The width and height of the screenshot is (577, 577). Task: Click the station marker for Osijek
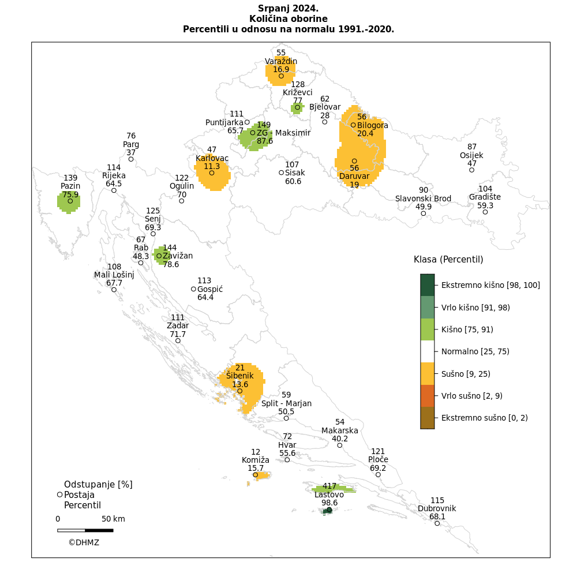472,170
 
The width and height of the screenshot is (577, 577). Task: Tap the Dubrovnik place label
437,508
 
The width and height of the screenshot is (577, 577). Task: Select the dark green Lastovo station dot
329,509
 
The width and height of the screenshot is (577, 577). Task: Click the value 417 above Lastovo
329,486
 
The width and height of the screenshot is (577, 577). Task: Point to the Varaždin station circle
281,76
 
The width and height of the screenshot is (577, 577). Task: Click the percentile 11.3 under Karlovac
212,166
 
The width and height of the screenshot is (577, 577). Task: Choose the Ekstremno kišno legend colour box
427,285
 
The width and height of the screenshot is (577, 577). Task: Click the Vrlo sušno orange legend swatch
427,396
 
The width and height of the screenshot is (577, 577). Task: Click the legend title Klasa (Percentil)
448,260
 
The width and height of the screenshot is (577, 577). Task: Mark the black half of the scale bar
99,530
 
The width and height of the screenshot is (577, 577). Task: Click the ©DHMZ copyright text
84,542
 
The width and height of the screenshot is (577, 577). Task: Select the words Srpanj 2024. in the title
288,9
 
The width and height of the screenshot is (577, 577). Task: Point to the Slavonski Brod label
423,198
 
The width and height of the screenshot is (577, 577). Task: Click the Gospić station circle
193,289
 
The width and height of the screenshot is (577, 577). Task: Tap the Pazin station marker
70,201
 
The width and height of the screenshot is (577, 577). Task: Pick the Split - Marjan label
286,403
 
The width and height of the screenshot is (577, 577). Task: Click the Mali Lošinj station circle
114,290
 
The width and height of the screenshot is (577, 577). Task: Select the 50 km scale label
113,519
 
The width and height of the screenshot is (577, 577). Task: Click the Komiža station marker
256,475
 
